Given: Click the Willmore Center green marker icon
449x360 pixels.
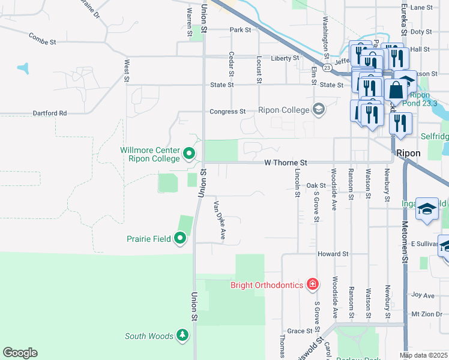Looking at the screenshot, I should tap(190, 154).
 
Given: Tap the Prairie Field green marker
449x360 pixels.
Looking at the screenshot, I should tap(181, 239).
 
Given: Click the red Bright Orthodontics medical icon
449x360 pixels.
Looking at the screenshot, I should tap(312, 283).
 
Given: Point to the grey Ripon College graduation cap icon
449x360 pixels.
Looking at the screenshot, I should tap(318, 109).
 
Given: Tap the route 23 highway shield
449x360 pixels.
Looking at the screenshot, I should tap(326, 68).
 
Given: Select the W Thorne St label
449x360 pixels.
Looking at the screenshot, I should tap(286, 163).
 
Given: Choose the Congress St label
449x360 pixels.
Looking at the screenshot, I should tap(228, 112).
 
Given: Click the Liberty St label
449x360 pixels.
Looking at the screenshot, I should tap(285, 58).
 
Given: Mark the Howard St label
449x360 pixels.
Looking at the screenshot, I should tap(333, 254).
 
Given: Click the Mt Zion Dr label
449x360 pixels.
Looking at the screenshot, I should tap(423, 314).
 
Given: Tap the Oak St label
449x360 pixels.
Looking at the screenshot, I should tap(315, 186).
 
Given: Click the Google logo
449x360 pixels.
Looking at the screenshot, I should tap(20, 353).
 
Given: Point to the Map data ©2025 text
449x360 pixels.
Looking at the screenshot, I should tap(423, 356).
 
